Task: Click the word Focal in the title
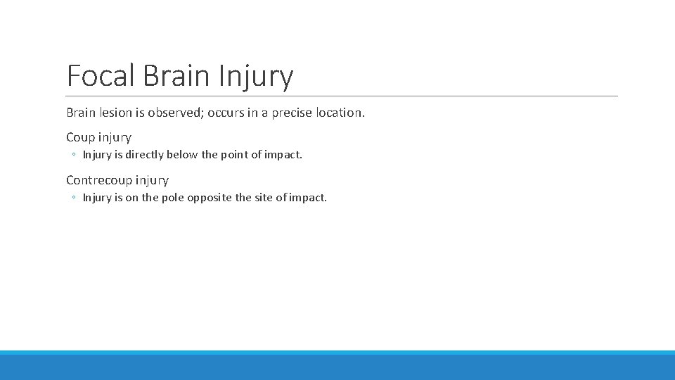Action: coord(101,76)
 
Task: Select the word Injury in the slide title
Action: coord(257,76)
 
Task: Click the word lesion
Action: coord(115,113)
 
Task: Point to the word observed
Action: coord(174,113)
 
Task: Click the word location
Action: coord(338,113)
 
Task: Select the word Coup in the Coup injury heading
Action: coord(80,137)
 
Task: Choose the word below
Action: coord(181,155)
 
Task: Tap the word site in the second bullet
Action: coord(264,198)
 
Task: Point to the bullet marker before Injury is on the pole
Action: coord(74,198)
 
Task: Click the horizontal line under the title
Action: coord(342,96)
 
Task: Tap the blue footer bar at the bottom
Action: coord(337,366)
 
